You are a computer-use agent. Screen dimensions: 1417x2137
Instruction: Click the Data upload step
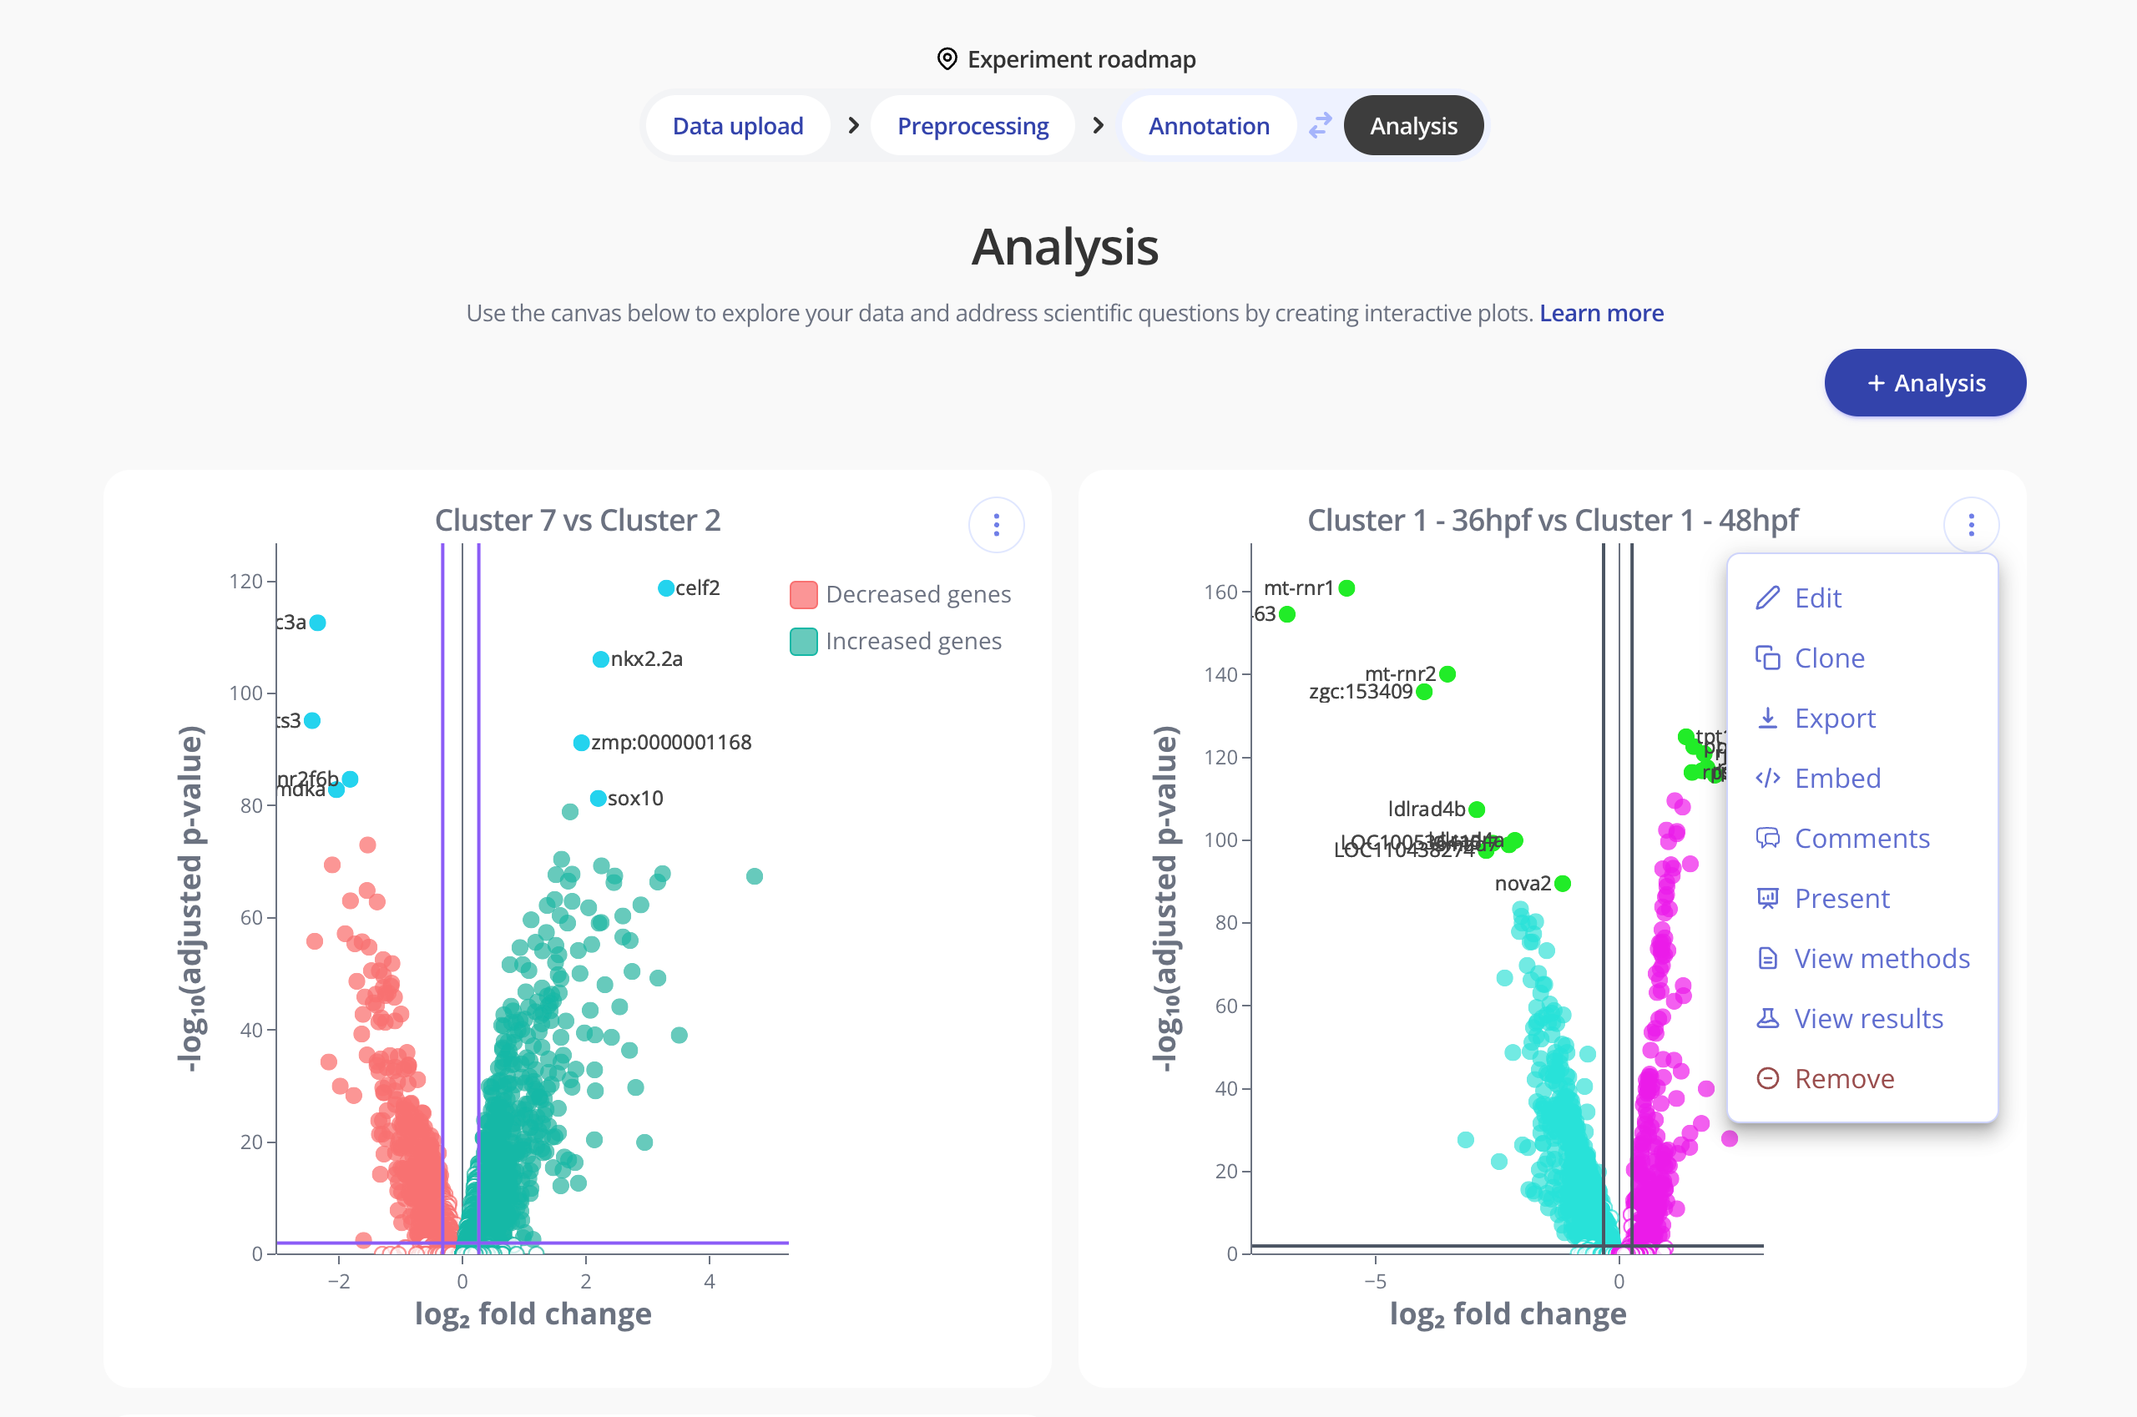click(738, 126)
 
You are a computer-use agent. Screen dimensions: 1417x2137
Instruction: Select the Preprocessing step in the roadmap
click(973, 126)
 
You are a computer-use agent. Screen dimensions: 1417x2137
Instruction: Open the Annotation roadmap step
click(1209, 126)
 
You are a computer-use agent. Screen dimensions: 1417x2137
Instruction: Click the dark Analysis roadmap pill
click(1413, 126)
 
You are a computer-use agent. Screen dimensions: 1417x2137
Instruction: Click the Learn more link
click(1601, 313)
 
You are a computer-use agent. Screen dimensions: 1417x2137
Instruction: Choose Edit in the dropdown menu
click(1817, 598)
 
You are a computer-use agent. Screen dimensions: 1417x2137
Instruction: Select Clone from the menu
click(1829, 658)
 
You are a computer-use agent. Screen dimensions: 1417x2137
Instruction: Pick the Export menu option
click(1834, 719)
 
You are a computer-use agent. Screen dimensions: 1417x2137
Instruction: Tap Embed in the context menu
click(1836, 778)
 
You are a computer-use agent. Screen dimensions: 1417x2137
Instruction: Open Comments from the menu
click(1862, 839)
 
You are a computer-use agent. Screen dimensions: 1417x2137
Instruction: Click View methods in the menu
click(1882, 959)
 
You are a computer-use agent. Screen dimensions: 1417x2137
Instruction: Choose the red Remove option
click(1843, 1079)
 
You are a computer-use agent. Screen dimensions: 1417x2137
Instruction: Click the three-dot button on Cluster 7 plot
click(996, 525)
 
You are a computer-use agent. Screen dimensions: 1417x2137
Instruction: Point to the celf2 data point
click(666, 588)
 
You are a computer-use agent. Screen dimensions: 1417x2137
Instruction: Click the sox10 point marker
click(599, 799)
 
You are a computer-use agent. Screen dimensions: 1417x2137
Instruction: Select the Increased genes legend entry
click(896, 642)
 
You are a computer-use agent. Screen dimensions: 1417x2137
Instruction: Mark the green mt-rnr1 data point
click(1347, 588)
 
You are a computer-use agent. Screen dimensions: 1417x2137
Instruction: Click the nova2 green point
click(1563, 884)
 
